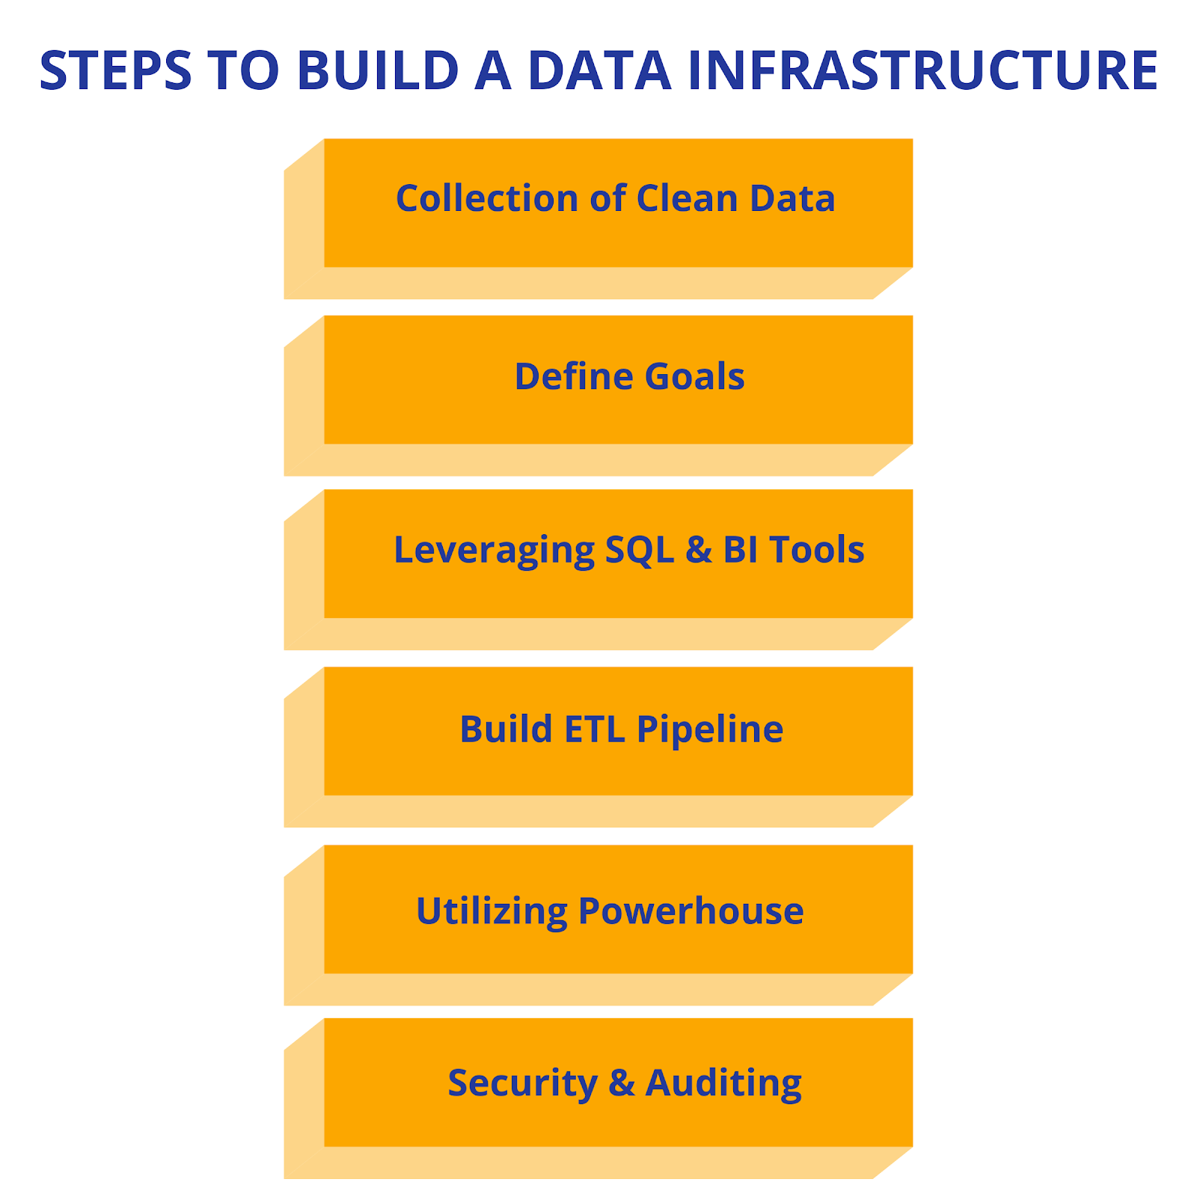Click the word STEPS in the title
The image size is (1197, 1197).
pos(116,70)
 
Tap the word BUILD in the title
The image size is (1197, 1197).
pos(378,70)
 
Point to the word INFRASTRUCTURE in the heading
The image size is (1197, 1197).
pos(923,70)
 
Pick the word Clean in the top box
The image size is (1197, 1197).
pos(687,198)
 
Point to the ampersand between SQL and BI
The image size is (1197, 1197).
pos(699,550)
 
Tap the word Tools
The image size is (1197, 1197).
pos(817,550)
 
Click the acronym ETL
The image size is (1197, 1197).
pos(595,729)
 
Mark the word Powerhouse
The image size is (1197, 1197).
pos(691,910)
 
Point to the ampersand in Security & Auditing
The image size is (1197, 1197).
pos(622,1083)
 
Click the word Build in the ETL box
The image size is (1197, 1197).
pos(506,729)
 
